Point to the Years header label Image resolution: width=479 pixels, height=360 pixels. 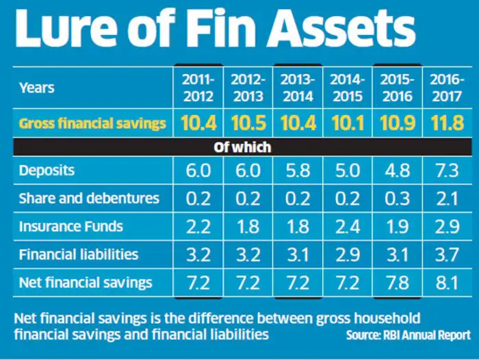37,88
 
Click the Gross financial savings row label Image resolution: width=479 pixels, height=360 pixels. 92,124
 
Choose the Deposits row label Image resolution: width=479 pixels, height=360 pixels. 46,170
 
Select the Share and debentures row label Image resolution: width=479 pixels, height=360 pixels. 89,198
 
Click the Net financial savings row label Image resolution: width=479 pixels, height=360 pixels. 86,283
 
